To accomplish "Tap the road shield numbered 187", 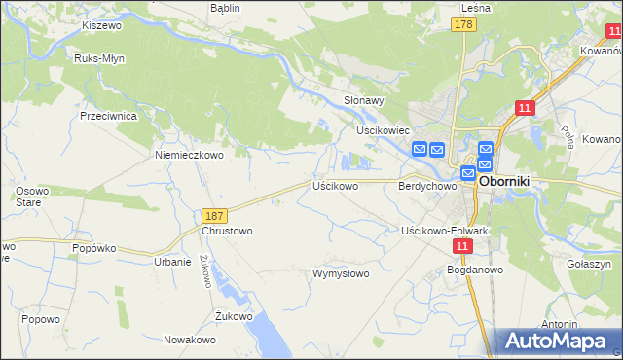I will [216, 215].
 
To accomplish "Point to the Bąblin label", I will [225, 7].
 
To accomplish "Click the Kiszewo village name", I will [100, 25].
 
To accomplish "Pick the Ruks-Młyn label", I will [97, 58].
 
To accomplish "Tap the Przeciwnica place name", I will [108, 115].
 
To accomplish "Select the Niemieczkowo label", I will [190, 154].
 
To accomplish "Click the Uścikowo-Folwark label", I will [444, 231].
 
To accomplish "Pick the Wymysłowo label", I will [341, 273].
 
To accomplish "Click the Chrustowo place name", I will [227, 232].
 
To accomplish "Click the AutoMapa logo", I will [559, 341].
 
